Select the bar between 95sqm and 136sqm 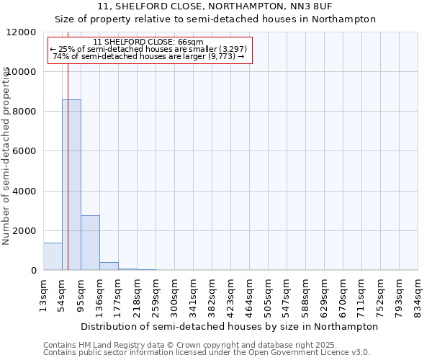pos(90,243)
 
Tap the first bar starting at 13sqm pos(53,256)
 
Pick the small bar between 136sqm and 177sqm pos(109,266)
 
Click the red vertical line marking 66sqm pos(68,158)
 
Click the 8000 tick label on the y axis pos(24,112)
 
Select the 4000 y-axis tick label pos(24,192)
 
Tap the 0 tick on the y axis pos(33,271)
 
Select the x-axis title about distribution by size pos(230,326)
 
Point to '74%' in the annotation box pos(61,56)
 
